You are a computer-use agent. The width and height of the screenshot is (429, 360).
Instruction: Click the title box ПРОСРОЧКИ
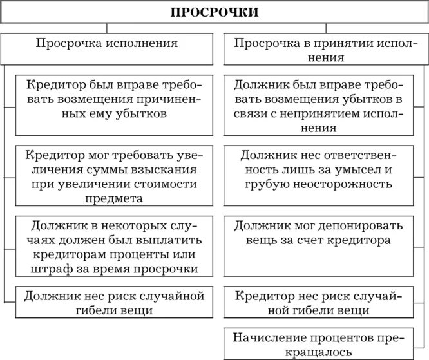[215, 12]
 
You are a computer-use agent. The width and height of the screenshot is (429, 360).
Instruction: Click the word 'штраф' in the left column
[52, 269]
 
